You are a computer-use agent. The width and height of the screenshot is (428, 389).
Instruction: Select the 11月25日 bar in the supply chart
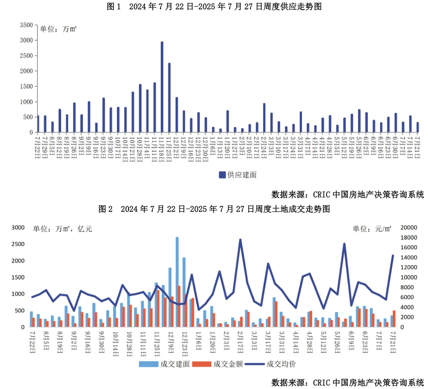(x=170, y=98)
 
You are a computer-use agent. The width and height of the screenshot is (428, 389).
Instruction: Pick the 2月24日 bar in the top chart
(x=264, y=118)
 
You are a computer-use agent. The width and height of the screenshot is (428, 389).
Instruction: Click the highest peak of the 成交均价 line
(x=240, y=240)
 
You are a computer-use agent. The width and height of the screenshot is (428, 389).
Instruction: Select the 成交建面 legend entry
(x=164, y=364)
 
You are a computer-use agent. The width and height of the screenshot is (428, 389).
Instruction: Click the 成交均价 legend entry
(x=271, y=364)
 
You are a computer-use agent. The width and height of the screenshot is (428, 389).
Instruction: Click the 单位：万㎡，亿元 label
(x=63, y=229)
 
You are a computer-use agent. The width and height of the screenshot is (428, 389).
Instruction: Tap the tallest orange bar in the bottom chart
(x=179, y=306)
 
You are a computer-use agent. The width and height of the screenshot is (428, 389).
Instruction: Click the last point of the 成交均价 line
(x=393, y=255)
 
